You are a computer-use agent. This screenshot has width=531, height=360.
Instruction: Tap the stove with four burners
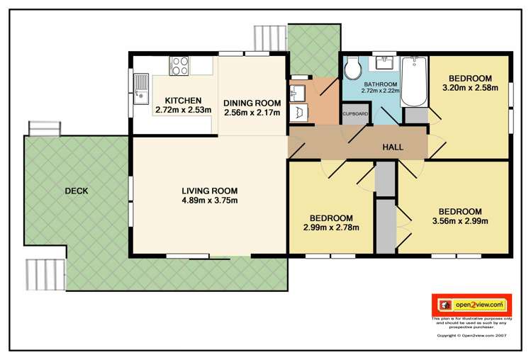pyautogui.click(x=179, y=66)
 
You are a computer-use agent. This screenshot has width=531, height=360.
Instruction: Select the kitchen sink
pyautogui.click(x=140, y=89)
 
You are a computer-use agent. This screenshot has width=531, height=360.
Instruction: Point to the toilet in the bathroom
pyautogui.click(x=352, y=69)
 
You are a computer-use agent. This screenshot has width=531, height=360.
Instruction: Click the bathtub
pyautogui.click(x=412, y=81)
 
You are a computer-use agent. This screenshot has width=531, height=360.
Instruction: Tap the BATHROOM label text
pyautogui.click(x=381, y=82)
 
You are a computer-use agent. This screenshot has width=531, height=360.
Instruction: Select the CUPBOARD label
pyautogui.click(x=355, y=113)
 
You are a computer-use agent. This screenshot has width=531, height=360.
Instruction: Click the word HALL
pyautogui.click(x=393, y=147)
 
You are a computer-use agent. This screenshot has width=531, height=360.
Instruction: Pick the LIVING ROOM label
pyautogui.click(x=209, y=191)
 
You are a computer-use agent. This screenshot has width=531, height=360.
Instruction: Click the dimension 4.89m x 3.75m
pyautogui.click(x=209, y=201)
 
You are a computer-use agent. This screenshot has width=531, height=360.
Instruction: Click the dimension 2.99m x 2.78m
pyautogui.click(x=331, y=227)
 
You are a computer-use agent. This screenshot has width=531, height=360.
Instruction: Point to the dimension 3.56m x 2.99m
pyautogui.click(x=459, y=221)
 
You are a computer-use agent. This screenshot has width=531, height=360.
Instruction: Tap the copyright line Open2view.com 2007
pyautogui.click(x=471, y=335)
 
